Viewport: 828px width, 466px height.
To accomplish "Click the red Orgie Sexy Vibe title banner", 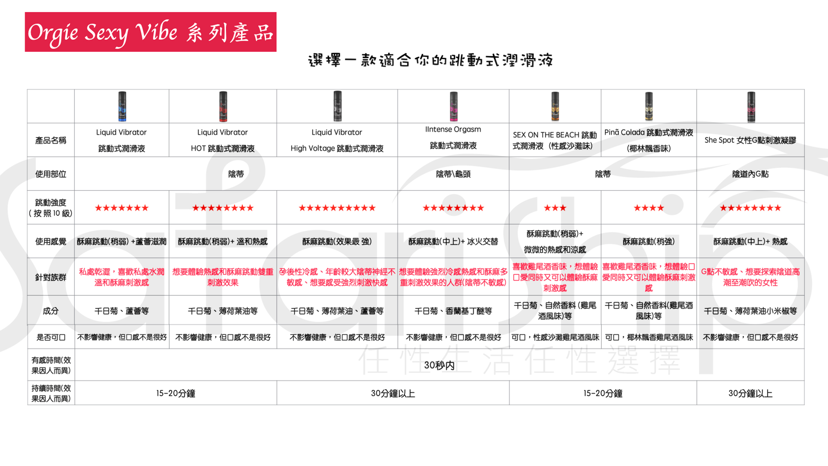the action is [x=151, y=32].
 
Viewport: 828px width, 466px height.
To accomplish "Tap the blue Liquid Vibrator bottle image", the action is [x=122, y=106].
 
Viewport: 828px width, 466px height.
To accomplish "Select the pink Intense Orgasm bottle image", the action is [x=453, y=106].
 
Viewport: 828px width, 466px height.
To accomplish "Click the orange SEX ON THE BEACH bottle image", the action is [x=555, y=106].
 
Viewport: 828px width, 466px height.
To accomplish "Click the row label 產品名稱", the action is [x=51, y=140].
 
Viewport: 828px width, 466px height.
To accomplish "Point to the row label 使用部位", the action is [x=51, y=174].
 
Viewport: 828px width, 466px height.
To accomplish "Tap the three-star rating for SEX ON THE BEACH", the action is [x=555, y=208].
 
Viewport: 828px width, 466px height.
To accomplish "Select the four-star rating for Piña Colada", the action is [x=649, y=208].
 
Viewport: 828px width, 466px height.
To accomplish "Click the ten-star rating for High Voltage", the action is [x=337, y=208].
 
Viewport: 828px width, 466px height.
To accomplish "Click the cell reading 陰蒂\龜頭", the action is [x=453, y=174].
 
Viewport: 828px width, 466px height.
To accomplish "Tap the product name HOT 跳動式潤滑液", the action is [x=223, y=148].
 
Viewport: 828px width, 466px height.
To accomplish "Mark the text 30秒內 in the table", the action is [x=439, y=365].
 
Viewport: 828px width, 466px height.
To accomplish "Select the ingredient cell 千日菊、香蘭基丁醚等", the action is [x=453, y=311].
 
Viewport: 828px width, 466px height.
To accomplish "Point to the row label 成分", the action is [x=51, y=311].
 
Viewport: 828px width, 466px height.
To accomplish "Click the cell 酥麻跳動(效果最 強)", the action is [x=337, y=241].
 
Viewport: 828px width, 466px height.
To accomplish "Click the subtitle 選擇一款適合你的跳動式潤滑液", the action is [x=430, y=60].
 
